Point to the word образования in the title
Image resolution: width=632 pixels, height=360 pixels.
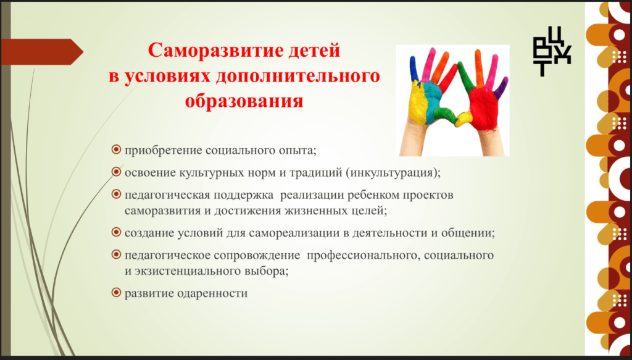[244, 101]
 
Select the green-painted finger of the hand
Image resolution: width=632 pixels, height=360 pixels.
[465, 76]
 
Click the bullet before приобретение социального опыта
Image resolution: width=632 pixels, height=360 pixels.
[116, 150]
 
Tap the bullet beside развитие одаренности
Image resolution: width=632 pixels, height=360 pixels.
[116, 293]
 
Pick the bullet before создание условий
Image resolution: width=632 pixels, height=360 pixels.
[116, 232]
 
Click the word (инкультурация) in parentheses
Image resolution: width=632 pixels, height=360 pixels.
[391, 172]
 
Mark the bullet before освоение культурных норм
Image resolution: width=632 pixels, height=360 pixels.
[116, 172]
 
